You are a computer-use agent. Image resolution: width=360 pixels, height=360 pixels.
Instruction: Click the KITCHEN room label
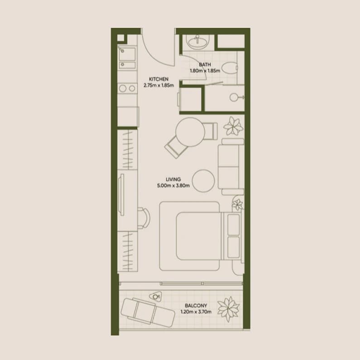pyautogui.click(x=158, y=79)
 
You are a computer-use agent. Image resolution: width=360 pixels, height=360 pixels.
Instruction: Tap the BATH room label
pyautogui.click(x=205, y=64)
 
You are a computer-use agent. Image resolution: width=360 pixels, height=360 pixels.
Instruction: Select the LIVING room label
pyautogui.click(x=173, y=179)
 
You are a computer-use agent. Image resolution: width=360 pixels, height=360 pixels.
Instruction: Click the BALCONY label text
pyautogui.click(x=196, y=306)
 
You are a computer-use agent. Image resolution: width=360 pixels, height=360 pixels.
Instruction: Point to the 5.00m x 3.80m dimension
pyautogui.click(x=173, y=185)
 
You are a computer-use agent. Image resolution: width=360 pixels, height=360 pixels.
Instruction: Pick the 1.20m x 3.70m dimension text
pyautogui.click(x=196, y=312)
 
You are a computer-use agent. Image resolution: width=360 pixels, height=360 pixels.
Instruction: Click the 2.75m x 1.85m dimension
pyautogui.click(x=158, y=86)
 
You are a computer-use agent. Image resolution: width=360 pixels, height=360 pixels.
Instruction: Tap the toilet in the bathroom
pyautogui.click(x=230, y=68)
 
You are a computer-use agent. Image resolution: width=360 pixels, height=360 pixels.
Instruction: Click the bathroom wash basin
pyautogui.click(x=197, y=42)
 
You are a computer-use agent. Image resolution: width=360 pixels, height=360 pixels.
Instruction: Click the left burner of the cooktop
pyautogui.click(x=123, y=88)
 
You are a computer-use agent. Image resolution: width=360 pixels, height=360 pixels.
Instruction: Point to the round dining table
pyautogui.click(x=190, y=132)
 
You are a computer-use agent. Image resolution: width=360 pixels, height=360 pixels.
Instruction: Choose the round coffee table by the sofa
pyautogui.click(x=203, y=181)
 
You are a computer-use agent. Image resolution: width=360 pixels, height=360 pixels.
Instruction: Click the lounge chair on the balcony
pyautogui.click(x=148, y=312)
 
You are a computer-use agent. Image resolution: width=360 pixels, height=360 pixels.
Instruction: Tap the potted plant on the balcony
pyautogui.click(x=228, y=309)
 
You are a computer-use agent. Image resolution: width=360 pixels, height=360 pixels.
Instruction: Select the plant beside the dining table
pyautogui.click(x=233, y=126)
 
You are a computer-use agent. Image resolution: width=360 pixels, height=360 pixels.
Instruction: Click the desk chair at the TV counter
pyautogui.click(x=144, y=218)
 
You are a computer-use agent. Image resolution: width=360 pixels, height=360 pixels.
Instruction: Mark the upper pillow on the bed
pyautogui.click(x=234, y=224)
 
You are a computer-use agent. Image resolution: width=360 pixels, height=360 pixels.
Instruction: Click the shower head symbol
pyautogui.click(x=234, y=97)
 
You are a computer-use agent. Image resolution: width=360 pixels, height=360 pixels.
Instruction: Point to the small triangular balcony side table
pyautogui.click(x=156, y=296)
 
